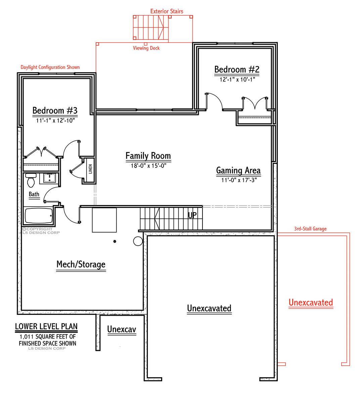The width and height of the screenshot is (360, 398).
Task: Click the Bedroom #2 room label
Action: click(x=237, y=69)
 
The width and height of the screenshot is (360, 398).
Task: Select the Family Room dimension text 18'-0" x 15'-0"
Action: click(x=148, y=165)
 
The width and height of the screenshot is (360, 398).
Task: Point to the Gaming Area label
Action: click(x=238, y=170)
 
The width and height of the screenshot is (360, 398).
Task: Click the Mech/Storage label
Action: click(x=81, y=264)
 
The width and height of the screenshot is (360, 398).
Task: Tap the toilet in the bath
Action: click(x=31, y=180)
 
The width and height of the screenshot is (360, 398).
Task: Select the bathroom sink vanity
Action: click(x=49, y=178)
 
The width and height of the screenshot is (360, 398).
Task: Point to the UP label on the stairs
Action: click(x=192, y=215)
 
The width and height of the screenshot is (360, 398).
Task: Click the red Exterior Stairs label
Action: click(x=167, y=11)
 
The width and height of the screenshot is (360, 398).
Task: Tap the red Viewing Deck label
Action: click(x=146, y=48)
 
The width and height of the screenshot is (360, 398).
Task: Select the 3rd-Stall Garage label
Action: click(x=310, y=229)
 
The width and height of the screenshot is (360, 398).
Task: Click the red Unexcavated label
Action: click(x=311, y=302)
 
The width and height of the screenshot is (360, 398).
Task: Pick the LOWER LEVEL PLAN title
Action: click(x=46, y=326)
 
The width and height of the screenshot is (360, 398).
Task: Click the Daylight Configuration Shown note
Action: click(x=50, y=67)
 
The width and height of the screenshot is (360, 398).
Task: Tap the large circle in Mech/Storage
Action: click(x=138, y=241)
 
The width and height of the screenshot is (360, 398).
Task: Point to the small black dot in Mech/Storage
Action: click(x=115, y=241)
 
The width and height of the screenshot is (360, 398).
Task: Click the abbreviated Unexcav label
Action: click(x=122, y=330)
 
